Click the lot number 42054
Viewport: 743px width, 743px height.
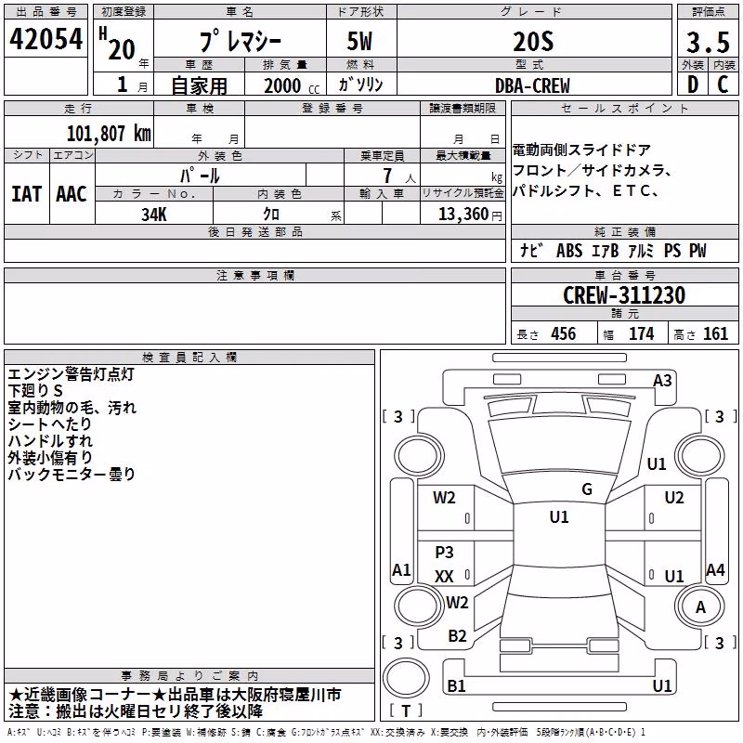[x=46, y=39]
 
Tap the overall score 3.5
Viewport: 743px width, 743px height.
[x=708, y=42]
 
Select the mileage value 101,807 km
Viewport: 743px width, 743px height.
[x=109, y=134]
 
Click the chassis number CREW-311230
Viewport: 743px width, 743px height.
[x=624, y=295]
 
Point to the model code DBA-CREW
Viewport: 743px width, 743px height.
[x=532, y=85]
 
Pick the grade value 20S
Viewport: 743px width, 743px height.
[x=533, y=42]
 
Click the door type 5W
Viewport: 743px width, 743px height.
[x=359, y=41]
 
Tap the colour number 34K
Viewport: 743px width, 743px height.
[x=154, y=215]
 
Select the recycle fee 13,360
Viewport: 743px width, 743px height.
[x=463, y=215]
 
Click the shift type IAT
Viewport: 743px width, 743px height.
[x=27, y=194]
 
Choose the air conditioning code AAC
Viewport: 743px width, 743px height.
[x=72, y=194]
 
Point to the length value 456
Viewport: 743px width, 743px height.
[x=564, y=334]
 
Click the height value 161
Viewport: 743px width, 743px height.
[x=715, y=334]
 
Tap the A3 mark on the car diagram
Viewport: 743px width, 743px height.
[x=662, y=381]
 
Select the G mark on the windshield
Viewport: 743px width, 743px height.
[x=587, y=489]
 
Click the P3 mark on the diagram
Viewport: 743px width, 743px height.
[x=444, y=552]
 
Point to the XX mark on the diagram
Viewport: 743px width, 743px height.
[x=444, y=576]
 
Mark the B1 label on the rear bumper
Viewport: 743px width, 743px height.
[x=456, y=685]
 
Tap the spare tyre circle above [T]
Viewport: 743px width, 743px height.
[x=406, y=678]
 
